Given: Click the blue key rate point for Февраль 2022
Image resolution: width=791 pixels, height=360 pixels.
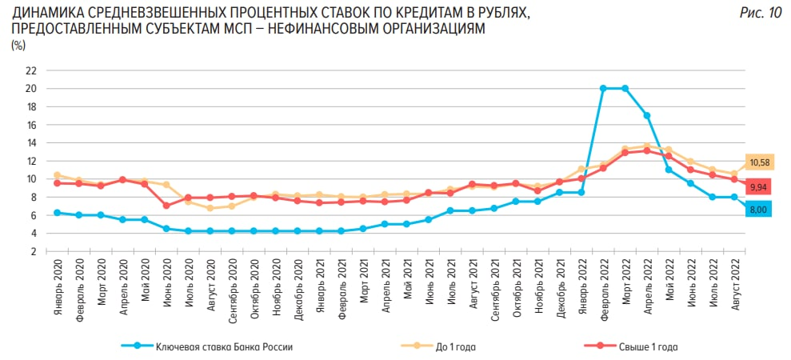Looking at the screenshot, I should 603,88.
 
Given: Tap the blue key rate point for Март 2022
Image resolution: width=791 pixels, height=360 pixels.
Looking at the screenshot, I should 625,88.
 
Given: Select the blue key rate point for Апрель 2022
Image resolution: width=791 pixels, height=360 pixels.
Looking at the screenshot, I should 646,115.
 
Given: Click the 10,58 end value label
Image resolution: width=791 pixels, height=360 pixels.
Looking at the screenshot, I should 759,163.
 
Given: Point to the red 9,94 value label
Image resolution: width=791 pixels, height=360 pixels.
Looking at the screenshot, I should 759,186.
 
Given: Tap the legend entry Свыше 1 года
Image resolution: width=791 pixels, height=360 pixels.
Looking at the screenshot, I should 648,346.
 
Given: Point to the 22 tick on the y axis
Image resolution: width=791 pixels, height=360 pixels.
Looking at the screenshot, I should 31,70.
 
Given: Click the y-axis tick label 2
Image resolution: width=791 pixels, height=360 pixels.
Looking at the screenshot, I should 34,252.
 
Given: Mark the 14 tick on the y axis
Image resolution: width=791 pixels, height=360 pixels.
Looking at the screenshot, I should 31,143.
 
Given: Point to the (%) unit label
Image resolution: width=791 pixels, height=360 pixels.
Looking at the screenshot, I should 18,45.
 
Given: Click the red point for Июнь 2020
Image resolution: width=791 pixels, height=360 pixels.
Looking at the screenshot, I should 166,206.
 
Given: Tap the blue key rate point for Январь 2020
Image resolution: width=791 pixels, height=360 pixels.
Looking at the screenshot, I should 57,213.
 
